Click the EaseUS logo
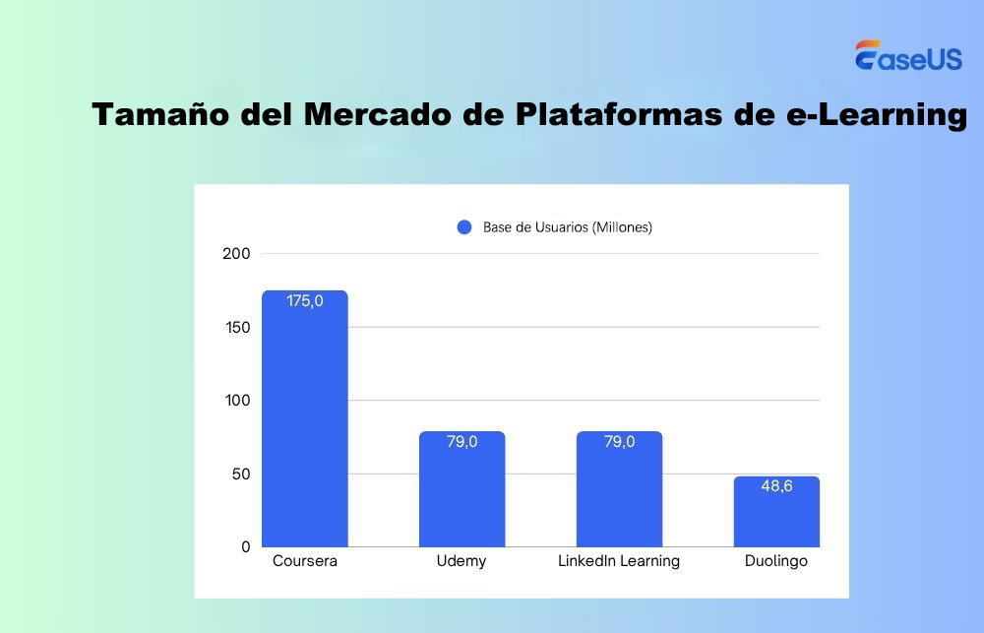pyautogui.click(x=908, y=56)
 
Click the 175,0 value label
pyautogui.click(x=305, y=301)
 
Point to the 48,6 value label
pyautogui.click(x=776, y=486)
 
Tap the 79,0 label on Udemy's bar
pyautogui.click(x=461, y=442)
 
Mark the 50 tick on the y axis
pyautogui.click(x=241, y=474)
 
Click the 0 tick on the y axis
pyautogui.click(x=245, y=547)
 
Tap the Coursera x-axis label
pyautogui.click(x=305, y=561)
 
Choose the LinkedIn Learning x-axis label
pyautogui.click(x=619, y=561)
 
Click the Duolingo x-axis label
pyautogui.click(x=776, y=562)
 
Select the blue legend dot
pyautogui.click(x=465, y=227)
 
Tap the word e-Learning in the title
pyautogui.click(x=871, y=115)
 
